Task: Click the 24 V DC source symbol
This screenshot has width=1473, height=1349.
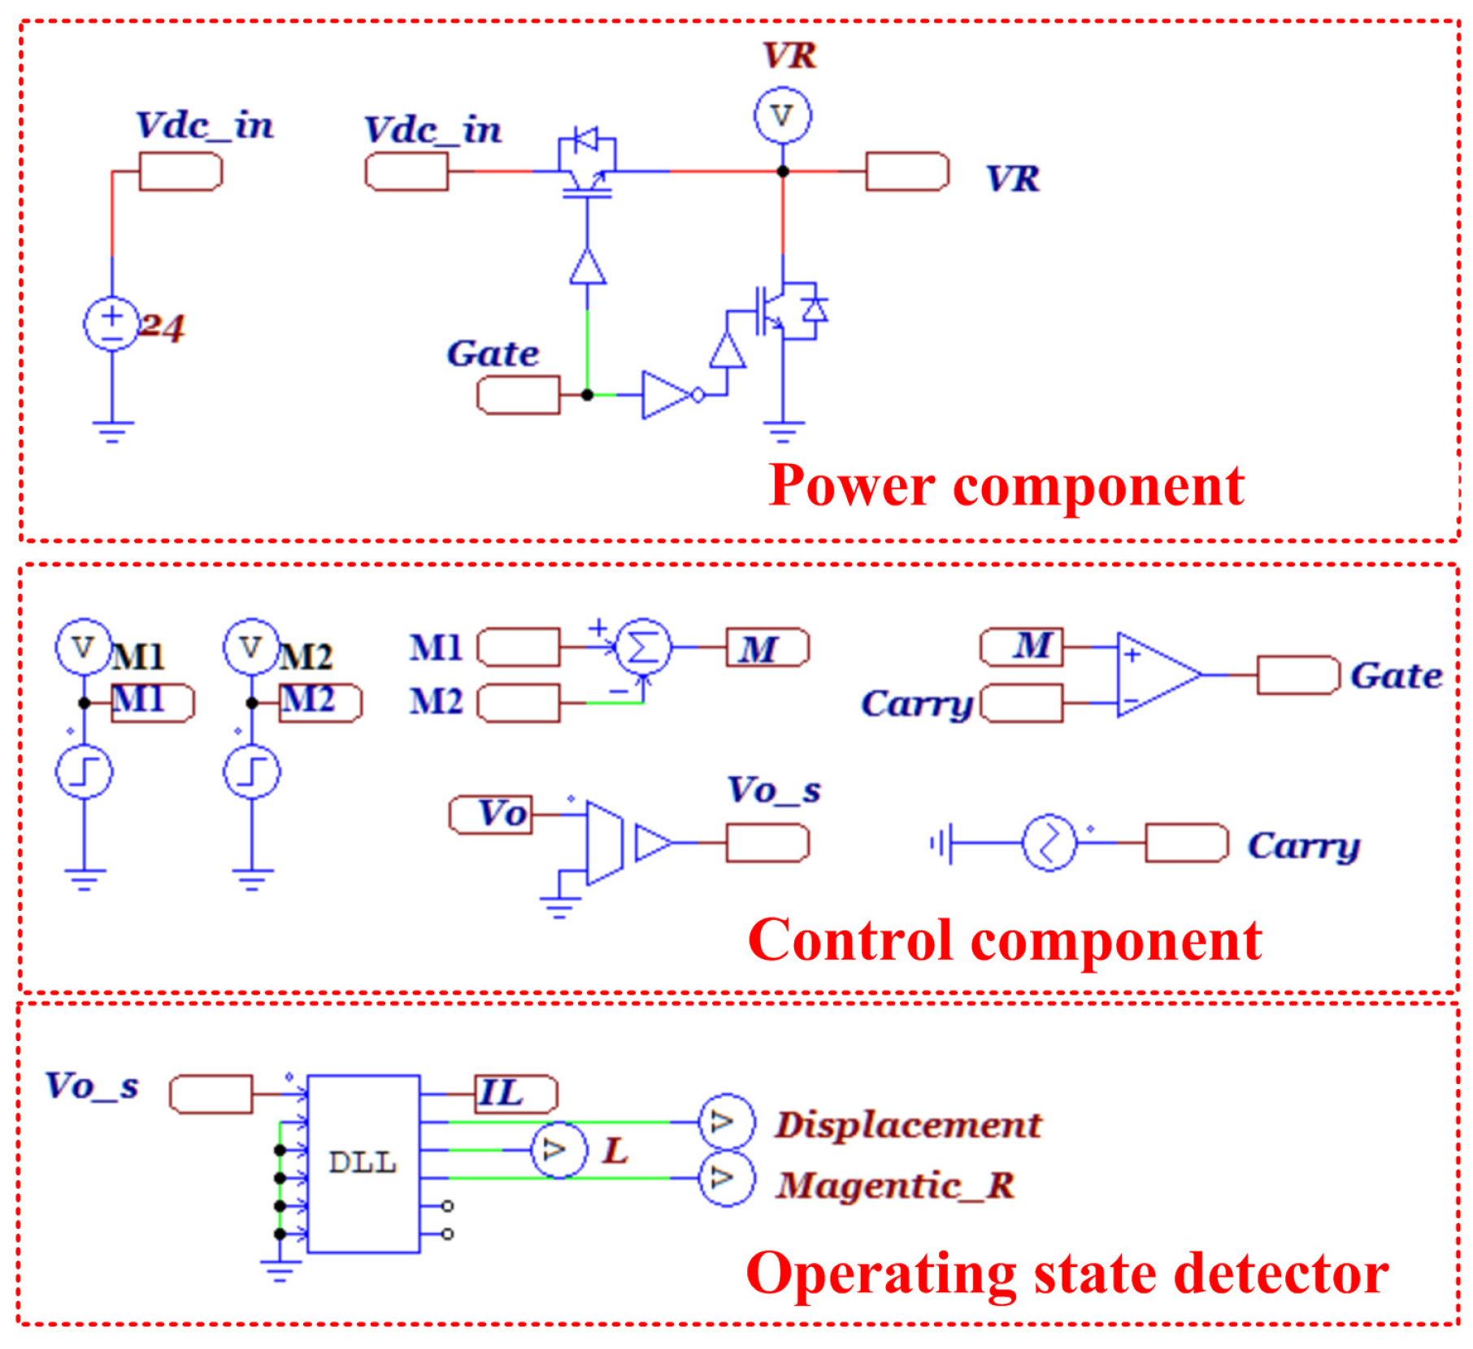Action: click(111, 323)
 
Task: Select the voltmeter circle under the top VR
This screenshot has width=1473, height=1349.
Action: click(782, 115)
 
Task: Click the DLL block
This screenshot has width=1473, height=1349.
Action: click(363, 1164)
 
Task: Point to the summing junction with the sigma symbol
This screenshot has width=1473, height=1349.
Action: click(643, 648)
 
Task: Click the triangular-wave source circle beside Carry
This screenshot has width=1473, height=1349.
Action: click(1049, 843)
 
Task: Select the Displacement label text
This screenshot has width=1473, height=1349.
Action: click(907, 1125)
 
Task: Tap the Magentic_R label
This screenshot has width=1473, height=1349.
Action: click(895, 1185)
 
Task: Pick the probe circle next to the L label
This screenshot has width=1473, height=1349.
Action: click(558, 1150)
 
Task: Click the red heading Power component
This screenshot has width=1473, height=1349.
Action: click(1006, 486)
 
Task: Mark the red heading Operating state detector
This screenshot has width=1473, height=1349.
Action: click(1067, 1273)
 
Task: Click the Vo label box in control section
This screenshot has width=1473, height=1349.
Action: click(491, 814)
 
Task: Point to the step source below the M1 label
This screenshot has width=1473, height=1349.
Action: click(84, 771)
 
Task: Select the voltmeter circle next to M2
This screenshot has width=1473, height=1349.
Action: click(251, 647)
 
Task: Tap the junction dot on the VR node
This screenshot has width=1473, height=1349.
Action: click(782, 171)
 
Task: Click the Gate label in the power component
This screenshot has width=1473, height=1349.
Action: click(493, 354)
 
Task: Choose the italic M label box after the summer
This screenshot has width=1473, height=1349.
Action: click(767, 648)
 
